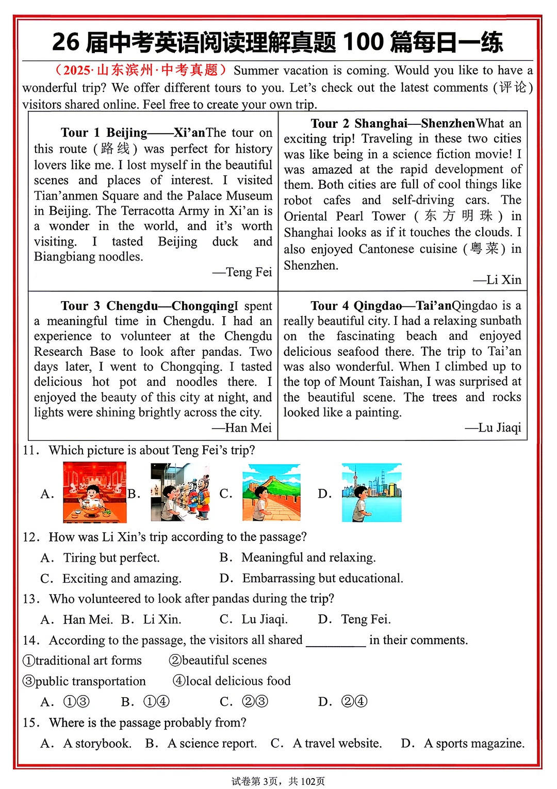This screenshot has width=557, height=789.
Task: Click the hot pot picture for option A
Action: coord(94,492)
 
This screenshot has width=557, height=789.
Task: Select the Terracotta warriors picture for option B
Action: coord(180,492)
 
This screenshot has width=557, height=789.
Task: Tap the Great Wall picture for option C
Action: coord(271,492)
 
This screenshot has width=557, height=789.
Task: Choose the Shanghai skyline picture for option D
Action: coord(371,492)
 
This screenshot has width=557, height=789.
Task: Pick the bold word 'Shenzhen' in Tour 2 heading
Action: coord(448,124)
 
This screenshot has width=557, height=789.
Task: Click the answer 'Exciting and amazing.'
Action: coord(122,579)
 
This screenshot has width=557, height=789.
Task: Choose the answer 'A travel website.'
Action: coord(337,744)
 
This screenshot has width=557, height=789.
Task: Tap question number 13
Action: coord(30,599)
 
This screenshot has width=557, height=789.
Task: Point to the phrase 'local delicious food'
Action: coord(238,681)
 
